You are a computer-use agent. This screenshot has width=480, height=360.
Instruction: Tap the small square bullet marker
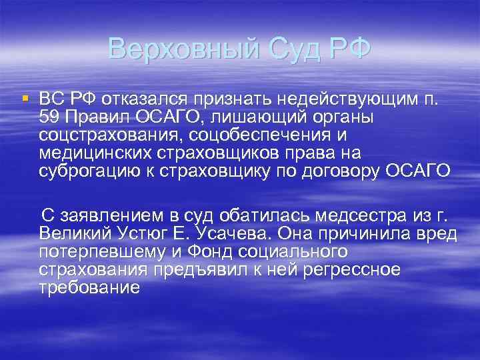(x=25, y=99)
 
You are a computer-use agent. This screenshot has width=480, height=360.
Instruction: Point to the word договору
(x=339, y=171)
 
